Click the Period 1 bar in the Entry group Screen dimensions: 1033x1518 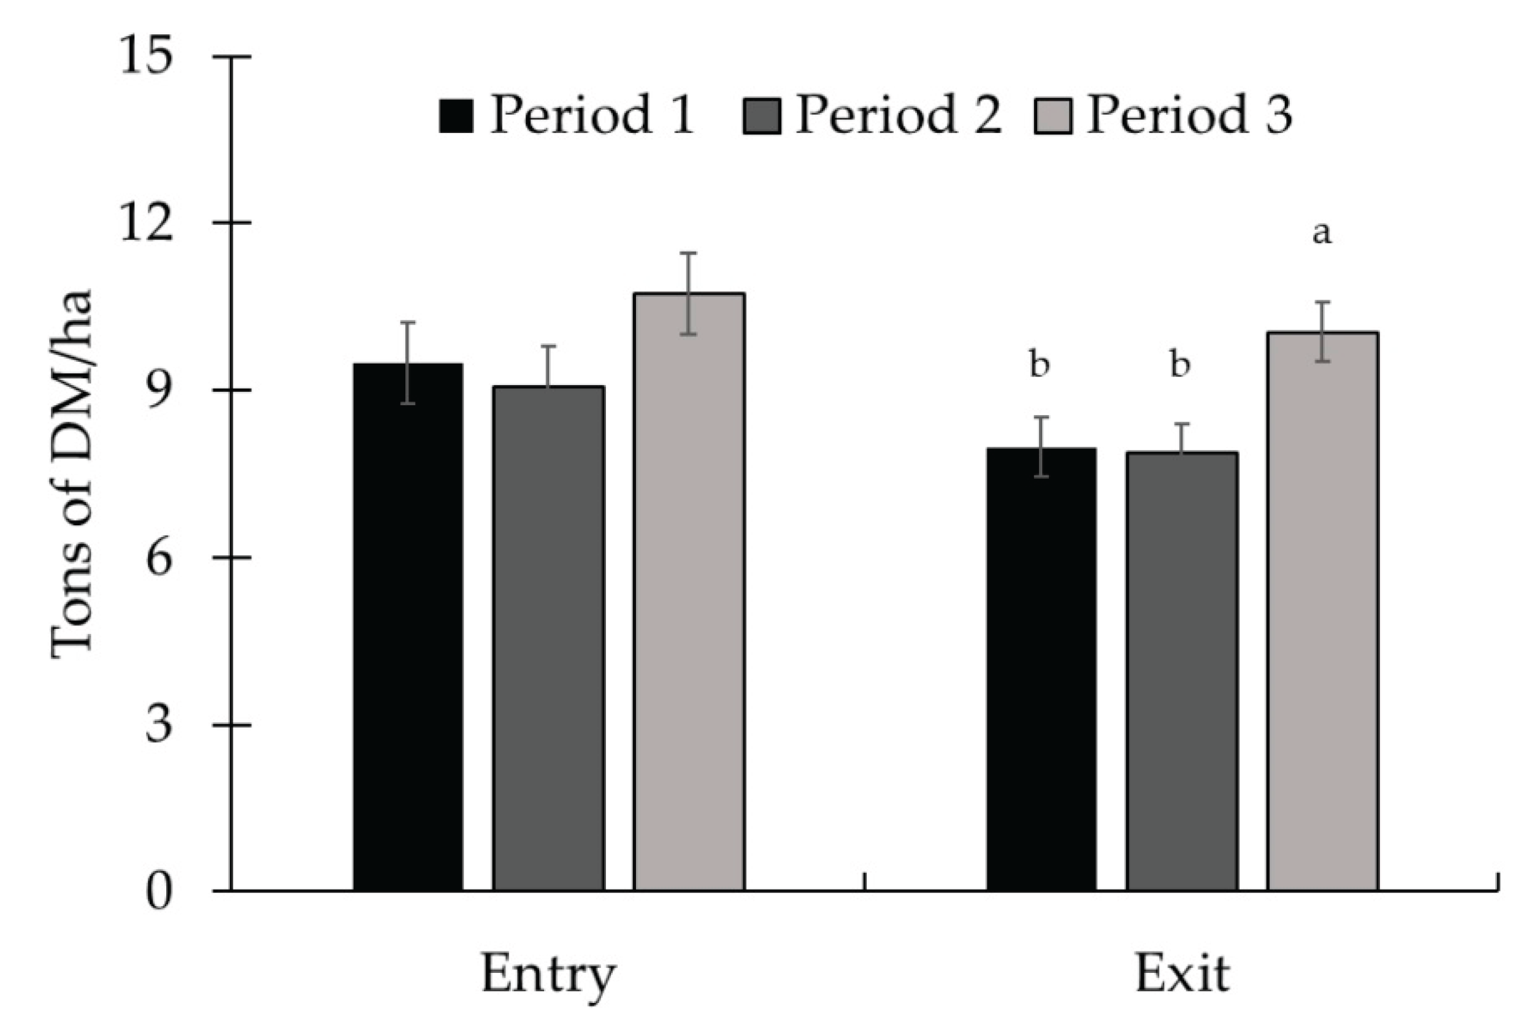pos(408,627)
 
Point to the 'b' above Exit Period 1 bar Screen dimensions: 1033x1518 pos(1040,364)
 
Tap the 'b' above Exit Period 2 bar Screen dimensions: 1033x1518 pos(1179,364)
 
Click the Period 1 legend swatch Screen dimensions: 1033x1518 pos(456,116)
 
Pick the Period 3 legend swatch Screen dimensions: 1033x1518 pos(1053,116)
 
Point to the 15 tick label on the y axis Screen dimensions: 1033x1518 pos(147,56)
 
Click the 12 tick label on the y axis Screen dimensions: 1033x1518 pos(147,223)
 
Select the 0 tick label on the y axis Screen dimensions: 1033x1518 pos(159,893)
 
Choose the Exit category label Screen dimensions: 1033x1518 pos(1183,975)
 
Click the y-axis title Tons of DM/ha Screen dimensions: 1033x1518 pos(72,475)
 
